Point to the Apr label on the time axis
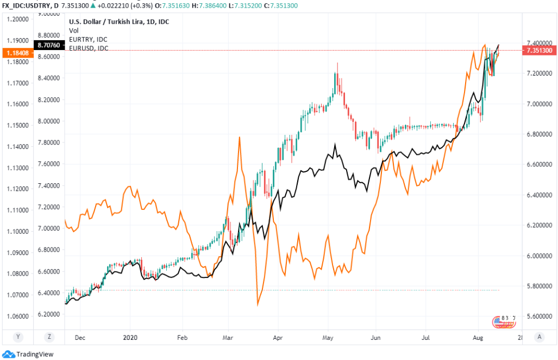pyautogui.click(x=278, y=337)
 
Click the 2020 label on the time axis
pyautogui.click(x=130, y=337)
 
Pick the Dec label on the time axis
pyautogui.click(x=80, y=337)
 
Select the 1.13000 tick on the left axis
pyautogui.click(x=18, y=167)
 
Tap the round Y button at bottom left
pyautogui.click(x=18, y=337)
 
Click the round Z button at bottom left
pyautogui.click(x=49, y=337)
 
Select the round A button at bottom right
pyautogui.click(x=538, y=337)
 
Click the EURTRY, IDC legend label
pyautogui.click(x=88, y=40)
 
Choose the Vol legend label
pyautogui.click(x=73, y=31)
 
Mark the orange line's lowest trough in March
pyautogui.click(x=258, y=305)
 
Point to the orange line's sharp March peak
pyautogui.click(x=240, y=137)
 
